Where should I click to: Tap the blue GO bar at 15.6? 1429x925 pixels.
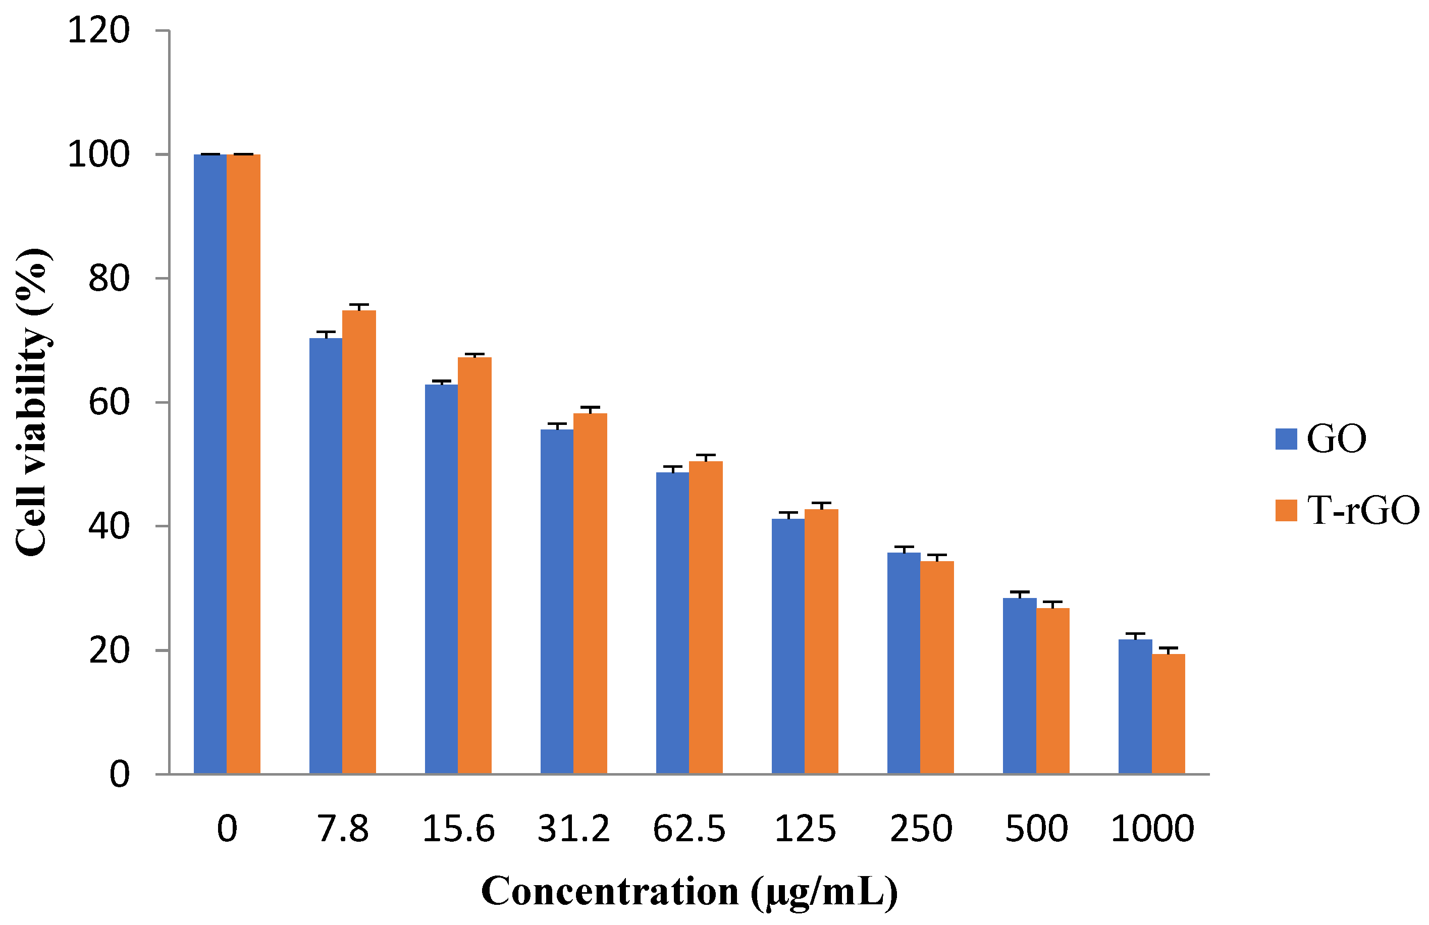point(441,579)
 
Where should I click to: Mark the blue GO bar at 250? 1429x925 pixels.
point(904,663)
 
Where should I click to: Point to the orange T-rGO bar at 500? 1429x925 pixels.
point(1052,690)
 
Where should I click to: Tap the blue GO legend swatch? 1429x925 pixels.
point(1286,439)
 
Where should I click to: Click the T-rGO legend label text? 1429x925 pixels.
point(1363,510)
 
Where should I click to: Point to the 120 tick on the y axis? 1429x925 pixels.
point(98,30)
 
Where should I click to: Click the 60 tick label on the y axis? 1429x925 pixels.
point(109,402)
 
